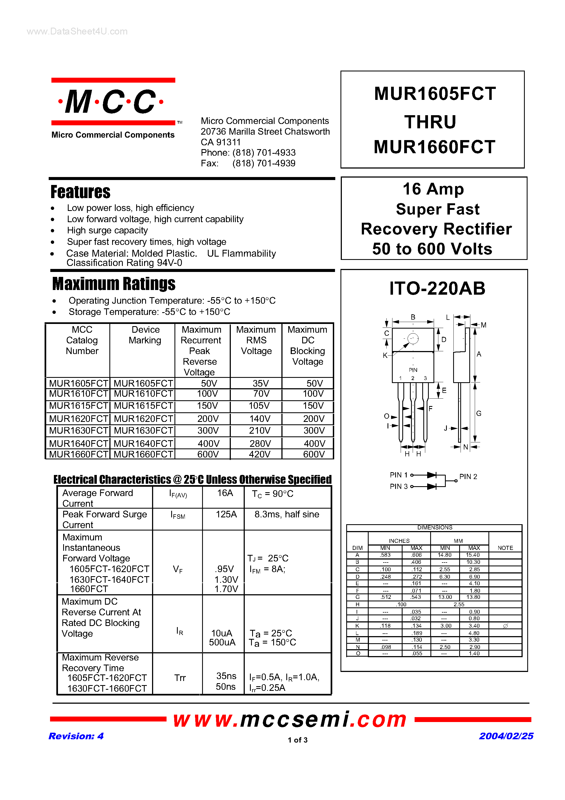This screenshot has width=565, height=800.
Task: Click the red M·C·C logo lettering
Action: tap(111, 102)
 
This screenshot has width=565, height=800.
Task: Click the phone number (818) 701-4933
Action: tap(264, 153)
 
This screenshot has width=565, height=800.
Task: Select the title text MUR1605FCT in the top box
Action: tap(435, 94)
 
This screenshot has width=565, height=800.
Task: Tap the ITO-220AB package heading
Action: tap(437, 288)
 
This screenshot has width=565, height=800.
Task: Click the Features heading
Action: tap(80, 192)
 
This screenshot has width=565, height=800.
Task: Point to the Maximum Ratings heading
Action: tap(114, 284)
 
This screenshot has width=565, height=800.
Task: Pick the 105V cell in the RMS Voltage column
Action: tap(259, 406)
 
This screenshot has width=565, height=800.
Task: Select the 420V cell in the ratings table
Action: tap(260, 454)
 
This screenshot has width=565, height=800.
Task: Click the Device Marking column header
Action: tap(145, 335)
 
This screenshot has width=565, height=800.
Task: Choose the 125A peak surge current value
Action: tap(226, 514)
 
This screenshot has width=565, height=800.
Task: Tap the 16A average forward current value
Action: tap(225, 493)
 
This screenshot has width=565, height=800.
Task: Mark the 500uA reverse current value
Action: tap(222, 642)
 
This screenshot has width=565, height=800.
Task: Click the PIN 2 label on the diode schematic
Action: tap(468, 477)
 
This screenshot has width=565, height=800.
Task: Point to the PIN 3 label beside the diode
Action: tap(398, 486)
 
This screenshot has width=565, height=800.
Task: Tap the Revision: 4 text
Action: tap(76, 736)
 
